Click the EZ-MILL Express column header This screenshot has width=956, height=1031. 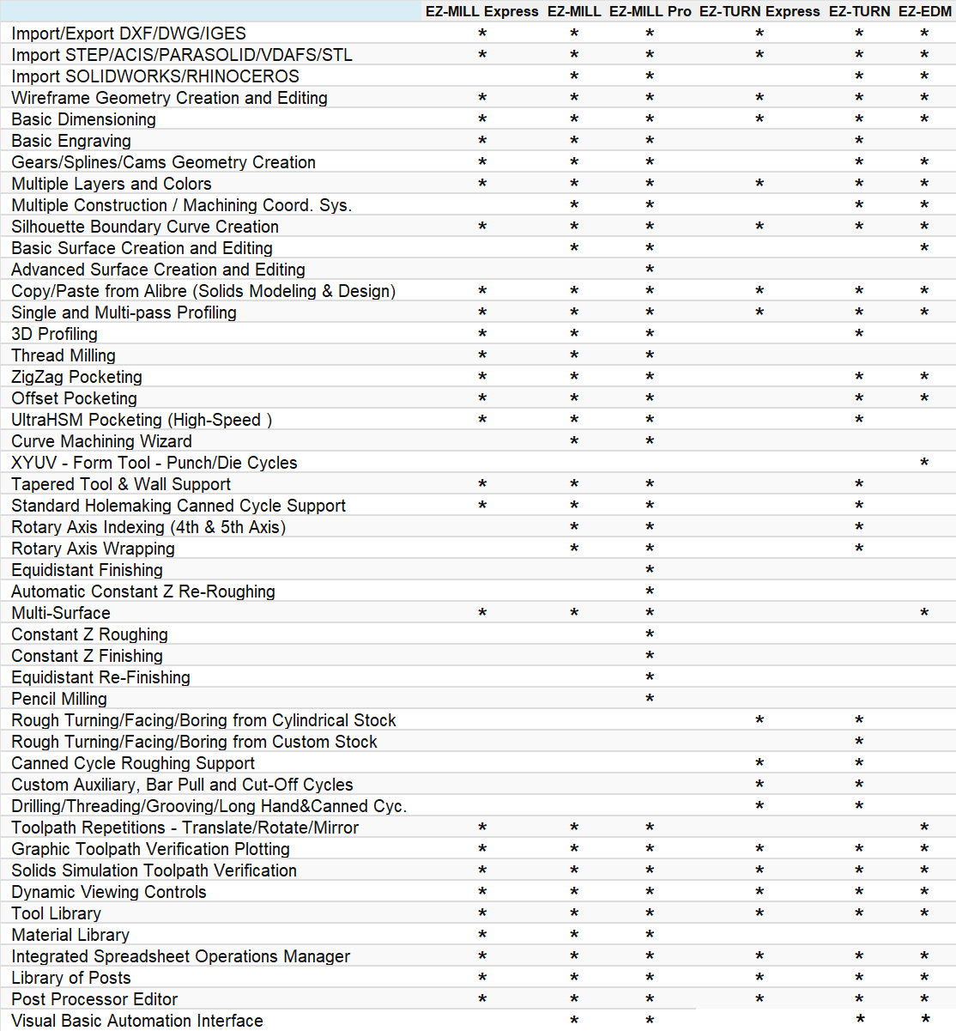click(481, 11)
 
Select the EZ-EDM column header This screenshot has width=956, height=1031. click(924, 11)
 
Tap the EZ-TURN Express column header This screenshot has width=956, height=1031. click(759, 11)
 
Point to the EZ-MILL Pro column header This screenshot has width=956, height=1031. click(650, 11)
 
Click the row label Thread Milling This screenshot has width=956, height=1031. click(64, 355)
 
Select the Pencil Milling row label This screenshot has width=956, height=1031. click(59, 699)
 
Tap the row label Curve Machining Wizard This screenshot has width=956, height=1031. click(101, 441)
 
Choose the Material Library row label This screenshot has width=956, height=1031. click(70, 935)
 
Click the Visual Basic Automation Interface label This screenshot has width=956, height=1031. click(137, 1021)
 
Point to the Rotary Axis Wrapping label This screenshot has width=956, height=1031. click(93, 549)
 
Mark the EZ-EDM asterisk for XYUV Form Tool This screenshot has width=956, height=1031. click(924, 464)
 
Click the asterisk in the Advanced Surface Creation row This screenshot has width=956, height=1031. click(650, 270)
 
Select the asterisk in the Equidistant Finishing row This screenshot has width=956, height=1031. click(650, 571)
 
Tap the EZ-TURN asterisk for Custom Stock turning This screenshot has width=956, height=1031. click(859, 743)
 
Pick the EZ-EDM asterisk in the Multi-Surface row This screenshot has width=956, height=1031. click(924, 614)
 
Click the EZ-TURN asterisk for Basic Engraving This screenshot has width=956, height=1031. click(859, 142)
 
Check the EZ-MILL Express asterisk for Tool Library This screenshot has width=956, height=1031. click(482, 914)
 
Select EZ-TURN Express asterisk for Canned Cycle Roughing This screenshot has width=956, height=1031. click(759, 764)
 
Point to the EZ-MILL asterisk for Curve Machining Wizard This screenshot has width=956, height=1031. click(574, 442)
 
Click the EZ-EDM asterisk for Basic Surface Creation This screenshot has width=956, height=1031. click(924, 249)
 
